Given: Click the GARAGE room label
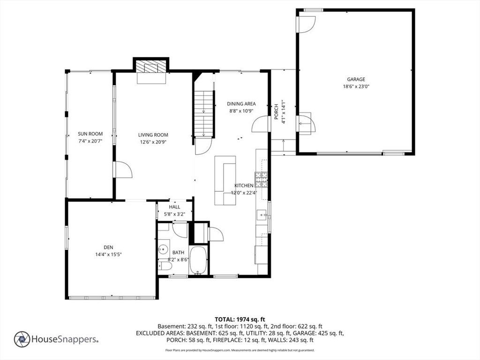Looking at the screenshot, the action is [356, 79].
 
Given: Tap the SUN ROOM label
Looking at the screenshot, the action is [90, 134].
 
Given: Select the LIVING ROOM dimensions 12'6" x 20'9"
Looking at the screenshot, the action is [153, 142].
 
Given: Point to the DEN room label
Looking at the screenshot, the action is [108, 247].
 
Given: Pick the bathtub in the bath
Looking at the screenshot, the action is [198, 260].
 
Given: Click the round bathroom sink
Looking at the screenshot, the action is [164, 249].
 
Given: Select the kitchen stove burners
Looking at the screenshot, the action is [261, 180].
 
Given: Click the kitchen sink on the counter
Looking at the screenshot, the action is [262, 215].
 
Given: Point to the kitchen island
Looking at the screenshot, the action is [225, 180].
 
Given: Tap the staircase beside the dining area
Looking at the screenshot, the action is [204, 113].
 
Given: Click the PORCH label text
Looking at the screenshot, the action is [276, 112].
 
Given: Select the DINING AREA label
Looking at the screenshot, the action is [241, 104].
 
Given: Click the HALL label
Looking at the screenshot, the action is [174, 207].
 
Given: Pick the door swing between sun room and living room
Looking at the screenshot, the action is [123, 170].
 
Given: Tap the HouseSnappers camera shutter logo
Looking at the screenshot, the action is [22, 339].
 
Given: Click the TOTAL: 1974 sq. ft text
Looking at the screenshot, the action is [240, 320].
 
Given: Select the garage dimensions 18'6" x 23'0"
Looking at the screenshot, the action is [356, 86].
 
